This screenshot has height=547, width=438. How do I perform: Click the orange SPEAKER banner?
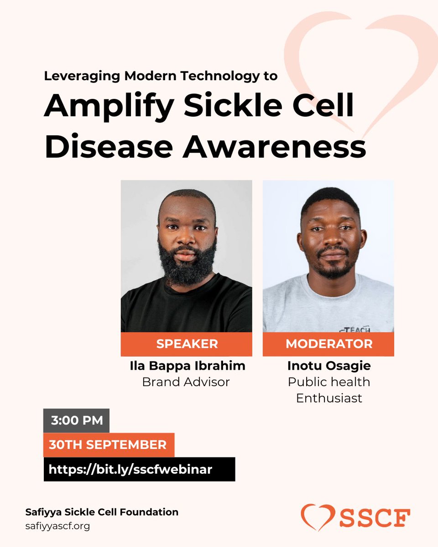186,344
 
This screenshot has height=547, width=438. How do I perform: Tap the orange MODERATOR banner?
328,344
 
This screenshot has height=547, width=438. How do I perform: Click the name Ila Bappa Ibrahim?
186,366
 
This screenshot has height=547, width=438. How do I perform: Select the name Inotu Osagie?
328,366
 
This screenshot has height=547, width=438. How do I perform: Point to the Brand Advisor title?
186,382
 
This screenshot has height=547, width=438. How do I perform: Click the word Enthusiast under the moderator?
328,398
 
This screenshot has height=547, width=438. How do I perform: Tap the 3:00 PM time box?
77,420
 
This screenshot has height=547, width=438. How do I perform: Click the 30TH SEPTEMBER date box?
109,445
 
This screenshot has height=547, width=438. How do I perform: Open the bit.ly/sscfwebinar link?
139,469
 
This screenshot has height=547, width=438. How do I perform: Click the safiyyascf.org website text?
57,526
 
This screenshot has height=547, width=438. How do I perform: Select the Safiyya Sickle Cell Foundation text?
102,512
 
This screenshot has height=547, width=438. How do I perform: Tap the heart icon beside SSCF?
315,517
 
